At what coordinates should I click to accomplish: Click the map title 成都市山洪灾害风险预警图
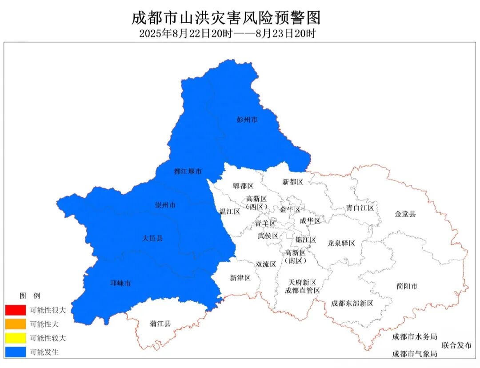pos(226,18)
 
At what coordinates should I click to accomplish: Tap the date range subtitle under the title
pos(227,33)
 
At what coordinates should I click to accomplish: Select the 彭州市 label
pos(247,120)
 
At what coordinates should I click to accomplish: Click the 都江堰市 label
pos(188,171)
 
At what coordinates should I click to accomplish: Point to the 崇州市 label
pos(165,205)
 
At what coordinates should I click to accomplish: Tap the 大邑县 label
pos(152,238)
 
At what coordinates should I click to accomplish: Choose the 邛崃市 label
pos(120,283)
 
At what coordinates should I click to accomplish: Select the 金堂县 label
pos(405,214)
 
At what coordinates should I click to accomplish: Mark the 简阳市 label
pos(407,286)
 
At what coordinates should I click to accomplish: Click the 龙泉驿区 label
pos(341,243)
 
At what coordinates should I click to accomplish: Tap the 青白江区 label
pos(360,208)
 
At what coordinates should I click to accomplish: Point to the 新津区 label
pos(240,278)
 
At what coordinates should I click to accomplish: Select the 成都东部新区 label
pos(352,304)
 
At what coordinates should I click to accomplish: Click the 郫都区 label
pos(243,186)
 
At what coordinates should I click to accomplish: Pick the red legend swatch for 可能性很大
pos(16,310)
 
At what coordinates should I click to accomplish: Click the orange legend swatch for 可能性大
pos(16,324)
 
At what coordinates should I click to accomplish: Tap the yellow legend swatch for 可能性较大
pos(16,338)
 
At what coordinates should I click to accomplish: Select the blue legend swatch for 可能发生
pos(16,352)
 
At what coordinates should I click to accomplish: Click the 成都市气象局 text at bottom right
pos(414,354)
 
